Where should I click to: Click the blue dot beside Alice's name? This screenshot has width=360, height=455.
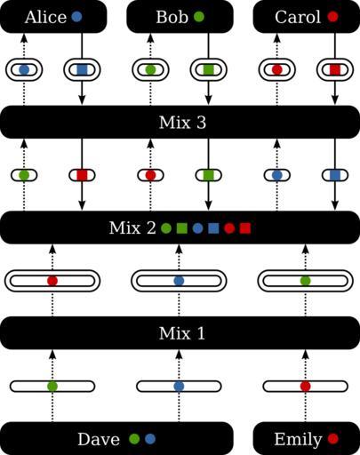[x=76, y=17]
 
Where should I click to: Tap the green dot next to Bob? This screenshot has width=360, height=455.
[x=199, y=17]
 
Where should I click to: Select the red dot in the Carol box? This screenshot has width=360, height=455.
[x=332, y=17]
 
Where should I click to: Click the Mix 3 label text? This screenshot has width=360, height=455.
[x=182, y=123]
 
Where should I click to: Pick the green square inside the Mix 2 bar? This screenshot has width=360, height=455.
[x=181, y=228]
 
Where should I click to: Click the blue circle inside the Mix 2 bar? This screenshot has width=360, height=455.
[x=197, y=228]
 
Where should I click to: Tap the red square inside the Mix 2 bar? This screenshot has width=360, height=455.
[x=245, y=228]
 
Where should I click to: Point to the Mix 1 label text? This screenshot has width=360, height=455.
[x=181, y=333]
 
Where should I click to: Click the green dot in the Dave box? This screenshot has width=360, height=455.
[x=134, y=439]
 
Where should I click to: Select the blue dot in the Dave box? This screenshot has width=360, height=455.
[x=150, y=439]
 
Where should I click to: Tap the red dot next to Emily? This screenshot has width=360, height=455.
[x=332, y=439]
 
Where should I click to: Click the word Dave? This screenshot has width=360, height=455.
[x=99, y=439]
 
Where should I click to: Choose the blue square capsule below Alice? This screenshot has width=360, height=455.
[x=82, y=70]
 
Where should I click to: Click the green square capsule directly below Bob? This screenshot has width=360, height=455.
[x=209, y=70]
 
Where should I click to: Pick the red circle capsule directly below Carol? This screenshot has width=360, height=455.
[x=277, y=70]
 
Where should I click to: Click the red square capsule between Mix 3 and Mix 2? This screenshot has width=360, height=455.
[x=82, y=175]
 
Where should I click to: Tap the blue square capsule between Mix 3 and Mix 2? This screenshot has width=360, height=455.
[x=335, y=175]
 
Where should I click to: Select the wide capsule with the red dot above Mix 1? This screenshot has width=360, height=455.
[x=52, y=281]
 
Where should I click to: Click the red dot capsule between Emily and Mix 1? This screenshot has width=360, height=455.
[x=306, y=387]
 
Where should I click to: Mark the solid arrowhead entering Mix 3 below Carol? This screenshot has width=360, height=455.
[x=335, y=100]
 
